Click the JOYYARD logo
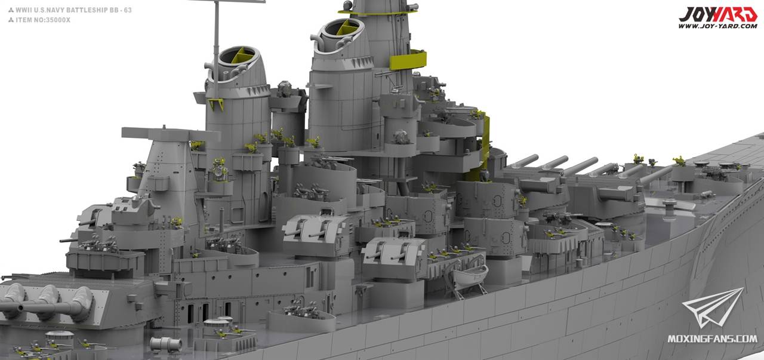[717, 14]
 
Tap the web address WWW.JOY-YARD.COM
[717, 26]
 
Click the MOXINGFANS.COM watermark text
[712, 339]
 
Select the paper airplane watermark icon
[712, 307]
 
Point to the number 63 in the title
[128, 10]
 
